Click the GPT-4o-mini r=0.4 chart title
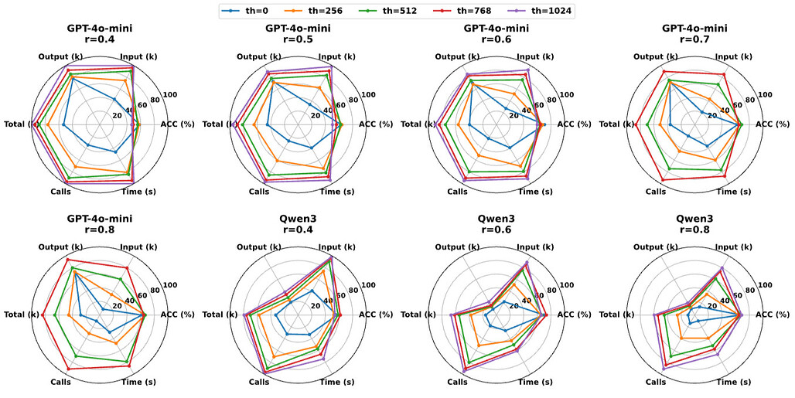[100, 35]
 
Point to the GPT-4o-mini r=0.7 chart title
[695, 35]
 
